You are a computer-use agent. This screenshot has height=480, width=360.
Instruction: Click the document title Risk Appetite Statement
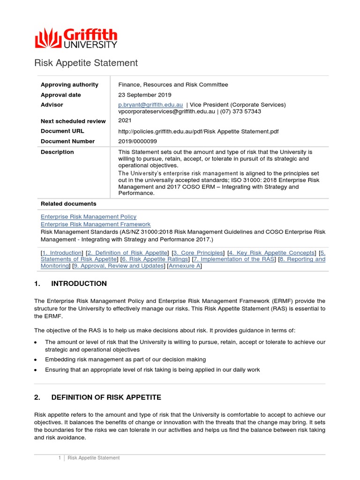[86, 63]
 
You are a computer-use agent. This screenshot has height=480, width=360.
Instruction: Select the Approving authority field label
[69, 85]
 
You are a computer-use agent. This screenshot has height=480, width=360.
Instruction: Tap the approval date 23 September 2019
[145, 95]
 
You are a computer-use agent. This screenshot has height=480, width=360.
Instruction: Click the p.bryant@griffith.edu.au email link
[150, 105]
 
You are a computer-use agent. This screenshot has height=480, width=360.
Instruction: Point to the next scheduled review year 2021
[125, 120]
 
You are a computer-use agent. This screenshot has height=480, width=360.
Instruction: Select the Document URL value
[198, 132]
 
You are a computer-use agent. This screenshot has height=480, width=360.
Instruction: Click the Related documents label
[68, 204]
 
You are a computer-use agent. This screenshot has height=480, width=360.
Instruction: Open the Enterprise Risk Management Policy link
[89, 217]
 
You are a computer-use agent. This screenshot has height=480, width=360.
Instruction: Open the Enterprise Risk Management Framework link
[96, 225]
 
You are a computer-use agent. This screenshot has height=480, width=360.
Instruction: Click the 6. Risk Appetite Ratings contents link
[155, 259]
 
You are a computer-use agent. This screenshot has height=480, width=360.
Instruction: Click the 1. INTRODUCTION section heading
[70, 284]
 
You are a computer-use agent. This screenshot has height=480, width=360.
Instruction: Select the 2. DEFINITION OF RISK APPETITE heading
[97, 397]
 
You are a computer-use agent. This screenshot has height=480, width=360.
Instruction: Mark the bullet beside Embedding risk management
[36, 360]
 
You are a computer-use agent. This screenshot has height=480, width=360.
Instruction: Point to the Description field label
[57, 152]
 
